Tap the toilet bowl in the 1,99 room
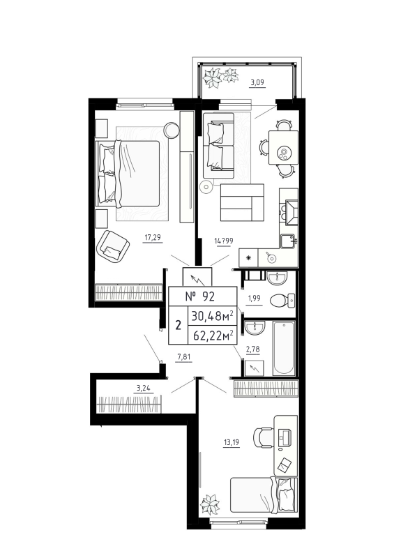click(282, 301)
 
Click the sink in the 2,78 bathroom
click(255, 327)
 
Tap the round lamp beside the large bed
click(171, 129)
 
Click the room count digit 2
click(178, 324)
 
